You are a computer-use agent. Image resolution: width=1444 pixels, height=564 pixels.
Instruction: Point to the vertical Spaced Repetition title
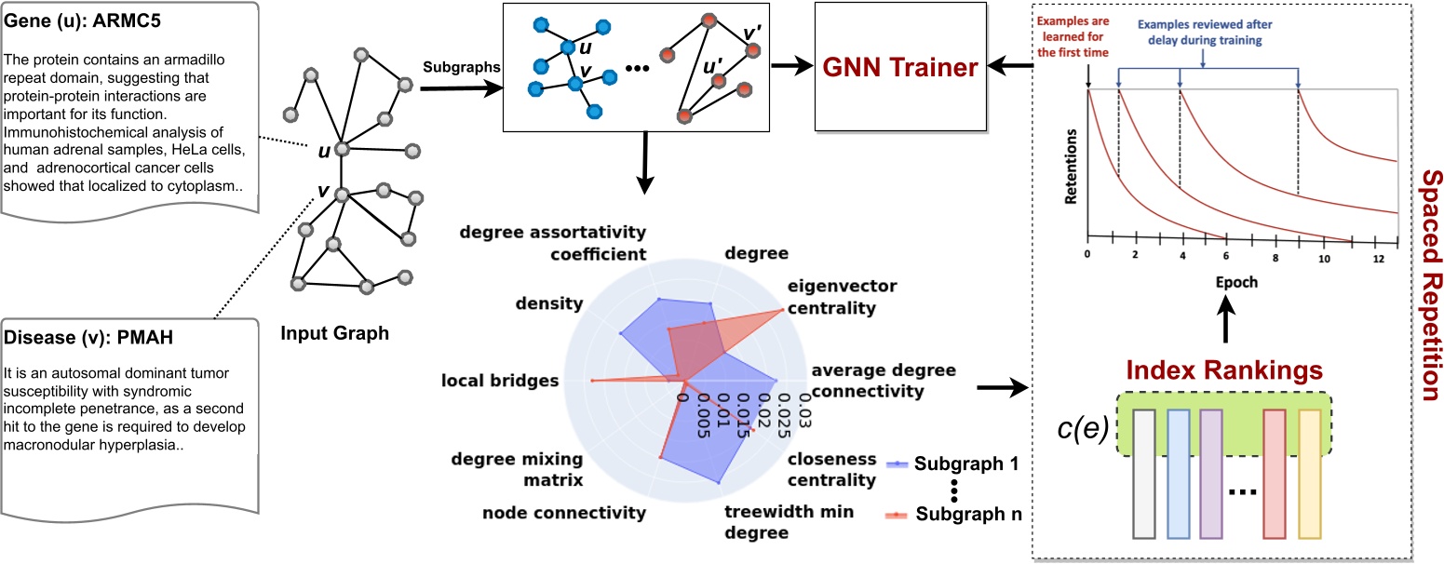click(x=1424, y=282)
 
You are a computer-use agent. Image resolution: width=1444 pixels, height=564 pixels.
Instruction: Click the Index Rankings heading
click(x=1226, y=370)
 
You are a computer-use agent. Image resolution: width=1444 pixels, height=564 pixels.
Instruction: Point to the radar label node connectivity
click(x=563, y=513)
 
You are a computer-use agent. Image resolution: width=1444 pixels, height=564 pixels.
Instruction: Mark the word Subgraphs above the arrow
click(x=456, y=68)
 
